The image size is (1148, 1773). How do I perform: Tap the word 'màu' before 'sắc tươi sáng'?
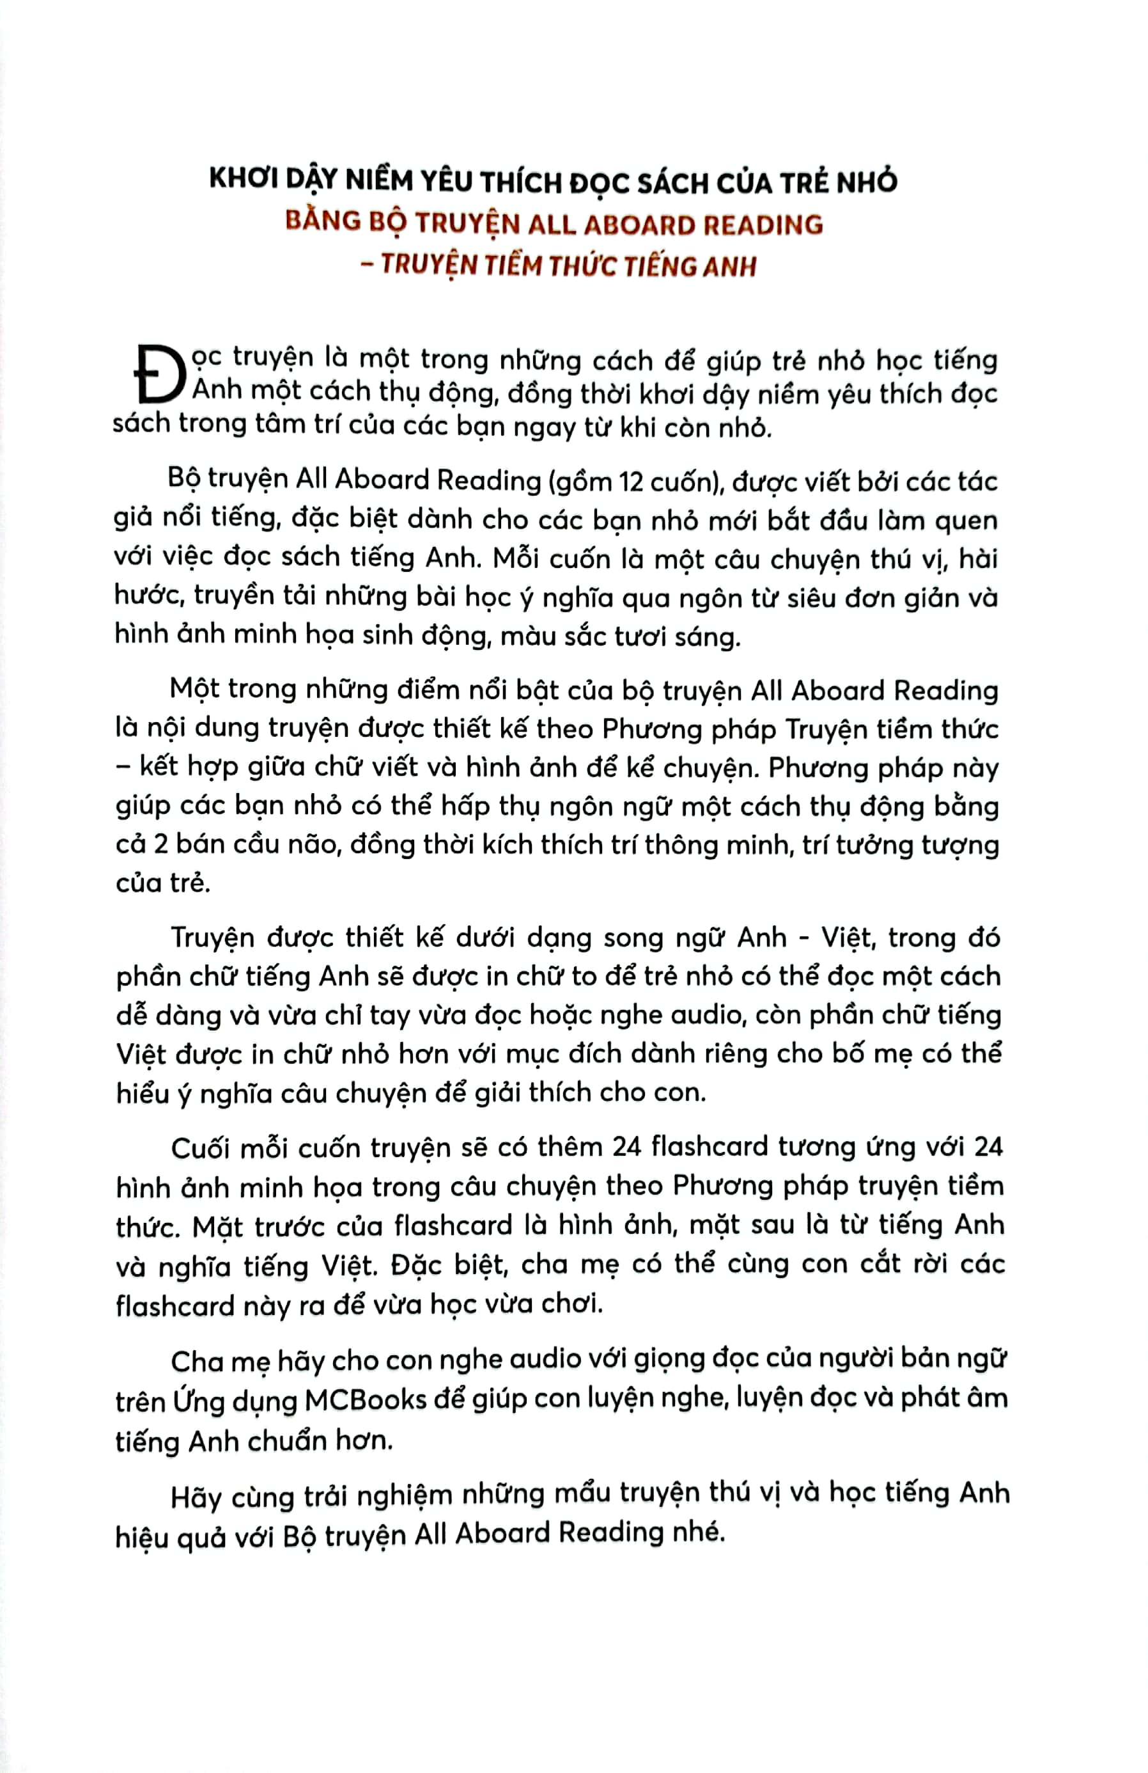click(532, 637)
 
